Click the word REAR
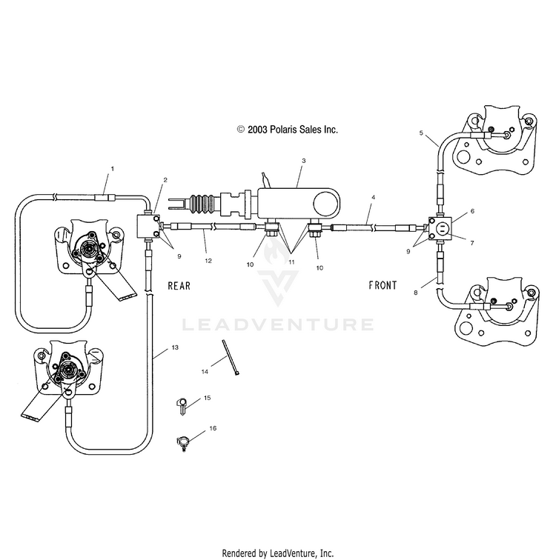tap(179, 286)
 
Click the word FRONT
tap(383, 285)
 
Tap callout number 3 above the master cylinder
tap(304, 161)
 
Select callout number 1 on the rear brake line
tap(113, 169)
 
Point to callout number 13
tap(175, 347)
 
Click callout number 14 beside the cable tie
tap(205, 372)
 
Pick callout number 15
tap(208, 398)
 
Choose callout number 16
tap(213, 428)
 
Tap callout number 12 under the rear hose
tap(208, 261)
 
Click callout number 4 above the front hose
tap(374, 197)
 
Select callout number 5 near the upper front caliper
tap(421, 133)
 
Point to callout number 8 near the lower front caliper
tap(416, 293)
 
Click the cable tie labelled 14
tap(231, 357)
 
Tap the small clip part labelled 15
tap(182, 406)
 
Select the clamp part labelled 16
tap(182, 444)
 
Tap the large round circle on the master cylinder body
tap(326, 204)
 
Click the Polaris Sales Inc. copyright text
tap(288, 130)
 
